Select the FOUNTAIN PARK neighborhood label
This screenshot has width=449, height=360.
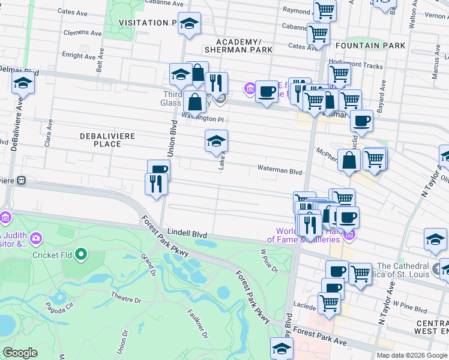coord(370,46)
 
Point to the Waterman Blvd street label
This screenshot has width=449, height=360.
coord(280,171)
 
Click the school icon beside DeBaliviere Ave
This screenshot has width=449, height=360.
coord(23,83)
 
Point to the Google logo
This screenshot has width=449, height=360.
coord(21,352)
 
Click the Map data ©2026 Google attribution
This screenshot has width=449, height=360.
coord(411,355)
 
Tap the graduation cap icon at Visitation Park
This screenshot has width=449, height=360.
coord(189,24)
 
